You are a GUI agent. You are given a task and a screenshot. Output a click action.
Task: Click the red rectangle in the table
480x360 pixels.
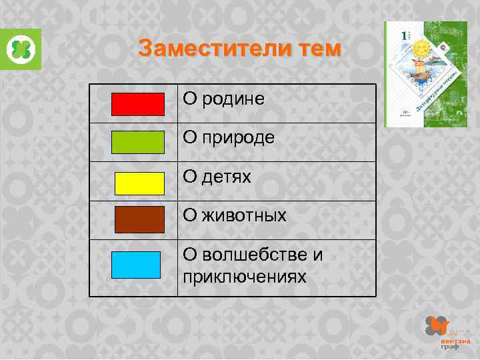pyautogui.click(x=137, y=104)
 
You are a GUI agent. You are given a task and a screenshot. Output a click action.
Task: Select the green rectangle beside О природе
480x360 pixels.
pyautogui.click(x=137, y=143)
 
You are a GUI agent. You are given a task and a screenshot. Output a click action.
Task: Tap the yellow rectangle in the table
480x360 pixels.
pyautogui.click(x=139, y=183)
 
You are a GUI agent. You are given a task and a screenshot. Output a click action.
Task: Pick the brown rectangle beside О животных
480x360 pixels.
pyautogui.click(x=139, y=220)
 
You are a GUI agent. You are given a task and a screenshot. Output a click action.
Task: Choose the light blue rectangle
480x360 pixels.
pyautogui.click(x=136, y=265)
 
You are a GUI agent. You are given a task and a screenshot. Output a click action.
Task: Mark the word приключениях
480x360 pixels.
pyautogui.click(x=245, y=275)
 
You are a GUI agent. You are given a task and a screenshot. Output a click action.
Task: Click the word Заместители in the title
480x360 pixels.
pyautogui.click(x=207, y=49)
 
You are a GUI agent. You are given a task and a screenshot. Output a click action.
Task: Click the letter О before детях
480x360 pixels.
pyautogui.click(x=190, y=177)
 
